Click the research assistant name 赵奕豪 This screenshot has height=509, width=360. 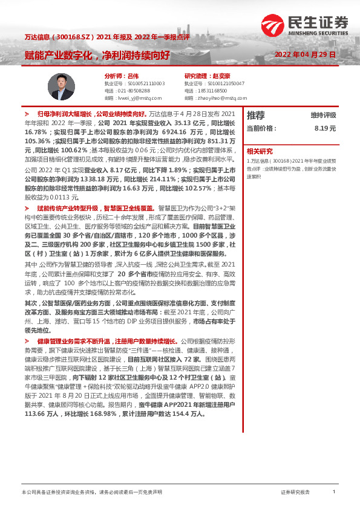[223, 76]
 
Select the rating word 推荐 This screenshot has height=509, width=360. [256, 115]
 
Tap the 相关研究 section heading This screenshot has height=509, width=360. [260, 151]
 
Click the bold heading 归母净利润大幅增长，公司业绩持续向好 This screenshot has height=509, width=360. [91, 113]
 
